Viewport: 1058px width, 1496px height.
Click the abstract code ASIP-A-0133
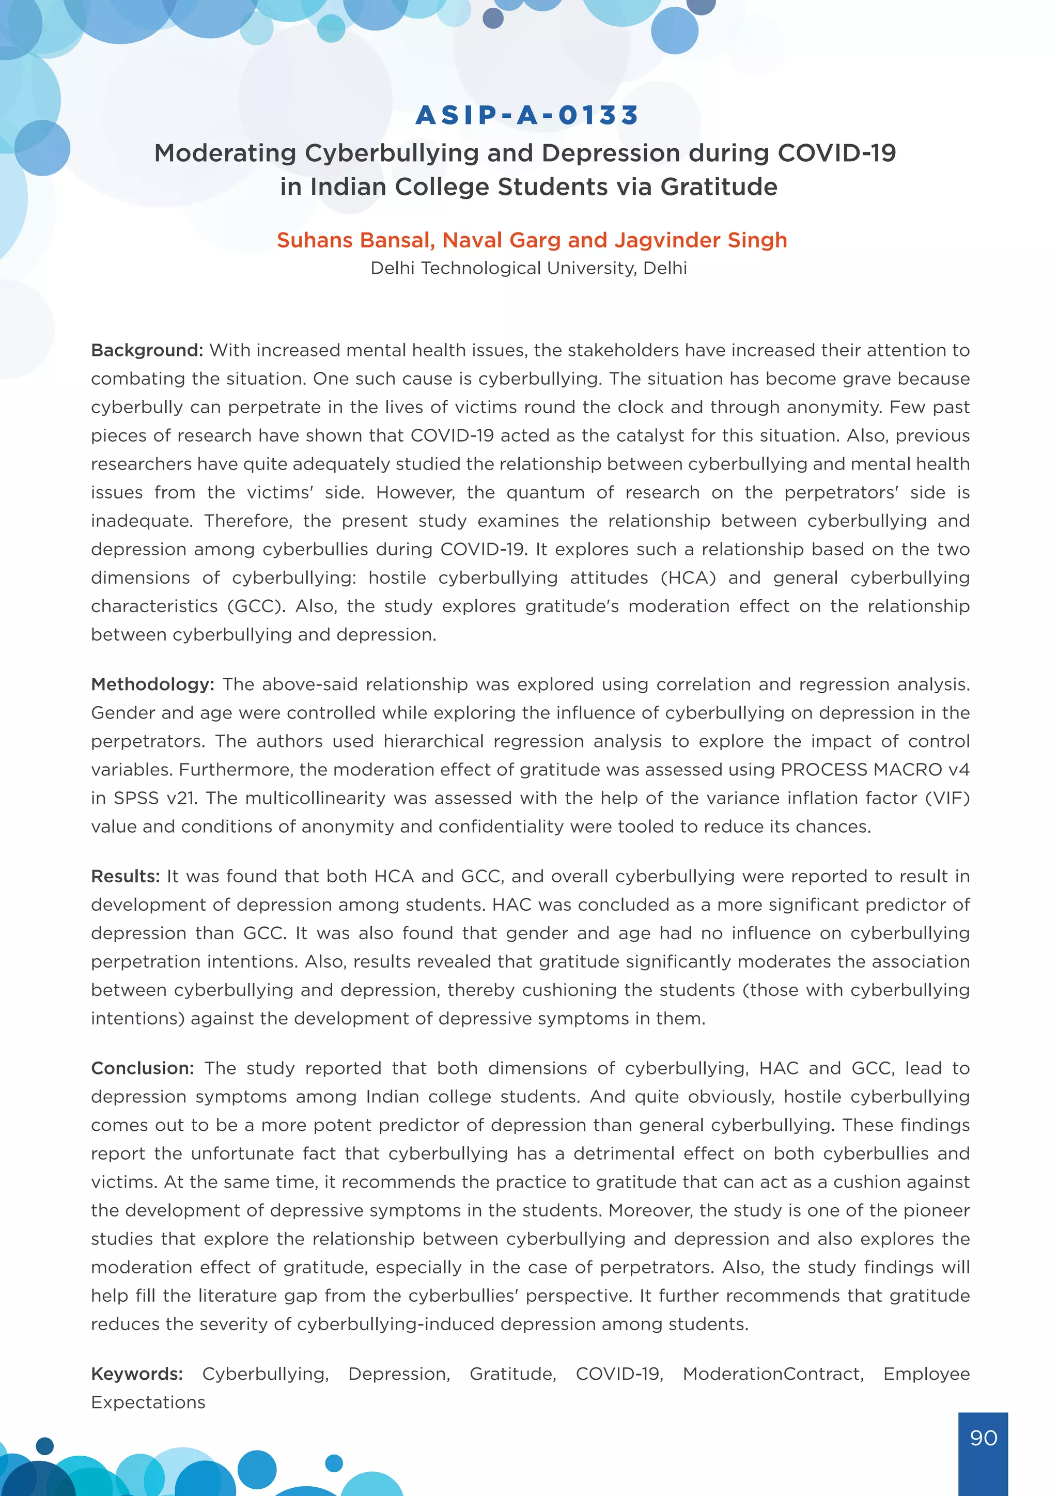tap(527, 115)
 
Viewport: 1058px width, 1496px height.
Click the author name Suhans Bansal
tap(355, 240)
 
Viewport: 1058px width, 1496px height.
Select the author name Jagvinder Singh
tap(701, 240)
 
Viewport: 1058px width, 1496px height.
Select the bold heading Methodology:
tap(152, 684)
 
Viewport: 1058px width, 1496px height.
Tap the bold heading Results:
tap(125, 876)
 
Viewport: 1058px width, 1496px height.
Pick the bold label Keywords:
tap(137, 1374)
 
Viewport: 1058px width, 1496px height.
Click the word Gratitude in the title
tap(719, 187)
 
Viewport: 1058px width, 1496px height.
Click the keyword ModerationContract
tap(773, 1374)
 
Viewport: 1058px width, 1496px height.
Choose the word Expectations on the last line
tap(148, 1402)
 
